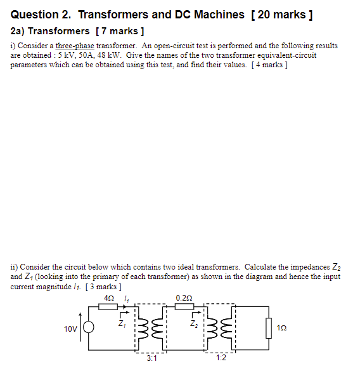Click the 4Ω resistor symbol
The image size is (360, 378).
[108, 308]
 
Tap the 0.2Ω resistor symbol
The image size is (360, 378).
[184, 308]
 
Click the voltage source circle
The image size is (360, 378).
[89, 329]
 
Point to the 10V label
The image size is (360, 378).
[70, 329]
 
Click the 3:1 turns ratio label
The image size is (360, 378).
[151, 358]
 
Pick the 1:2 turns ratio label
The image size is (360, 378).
[220, 358]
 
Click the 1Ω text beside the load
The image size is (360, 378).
[282, 329]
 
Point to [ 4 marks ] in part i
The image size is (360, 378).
[269, 65]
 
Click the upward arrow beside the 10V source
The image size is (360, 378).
[80, 320]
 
